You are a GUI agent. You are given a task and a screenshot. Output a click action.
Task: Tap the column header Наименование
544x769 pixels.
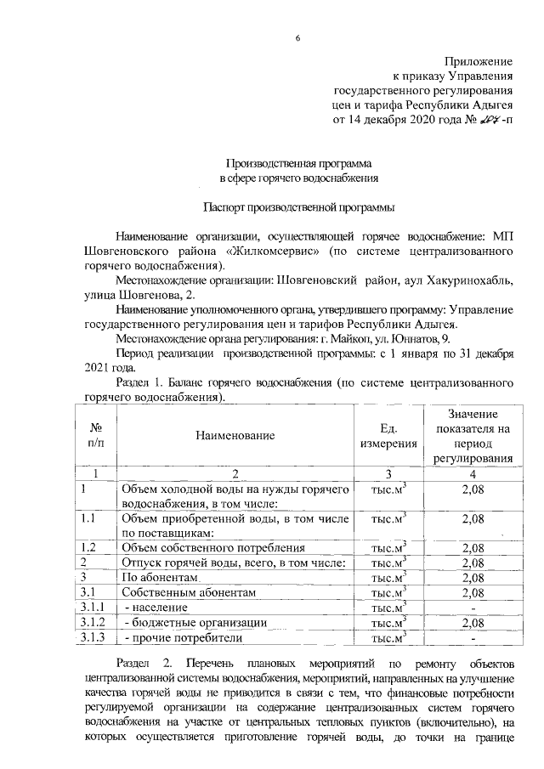click(235, 436)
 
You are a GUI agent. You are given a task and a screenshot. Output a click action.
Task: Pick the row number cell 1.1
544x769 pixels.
click(87, 517)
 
